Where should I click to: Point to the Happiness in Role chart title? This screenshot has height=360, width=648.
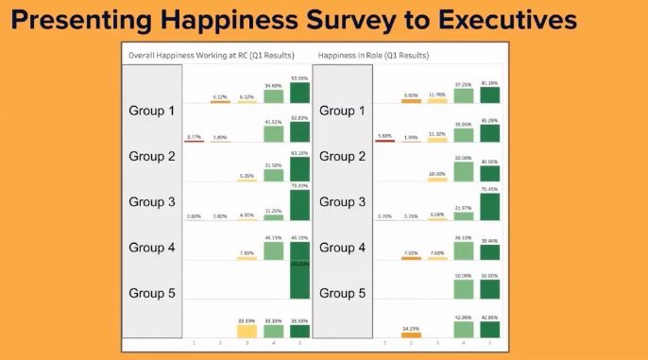374,56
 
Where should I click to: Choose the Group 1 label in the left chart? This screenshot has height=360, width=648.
152,111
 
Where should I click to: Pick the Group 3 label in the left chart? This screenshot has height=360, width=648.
152,201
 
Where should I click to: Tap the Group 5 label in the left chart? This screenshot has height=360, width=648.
152,293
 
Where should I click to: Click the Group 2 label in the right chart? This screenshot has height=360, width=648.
343,156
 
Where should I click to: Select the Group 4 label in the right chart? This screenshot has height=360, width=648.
343,248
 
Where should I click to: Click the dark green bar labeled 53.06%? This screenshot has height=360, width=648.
299,92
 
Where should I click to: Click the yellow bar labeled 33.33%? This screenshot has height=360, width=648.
247,331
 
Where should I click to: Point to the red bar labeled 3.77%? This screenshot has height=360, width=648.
194,141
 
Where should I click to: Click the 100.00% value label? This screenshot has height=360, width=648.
299,264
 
